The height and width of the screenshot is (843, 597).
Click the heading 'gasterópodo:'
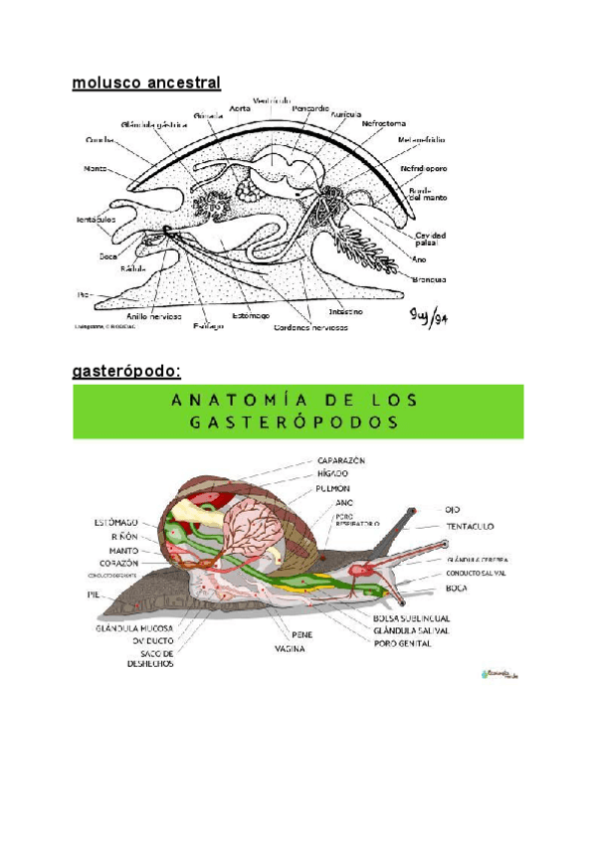coord(126,372)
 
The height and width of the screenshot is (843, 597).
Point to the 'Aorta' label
coord(240,108)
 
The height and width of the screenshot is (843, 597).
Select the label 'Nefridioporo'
coord(424,169)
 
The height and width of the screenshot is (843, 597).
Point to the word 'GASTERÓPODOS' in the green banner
coord(298,421)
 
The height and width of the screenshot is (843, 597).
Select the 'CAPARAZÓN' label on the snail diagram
coord(342,460)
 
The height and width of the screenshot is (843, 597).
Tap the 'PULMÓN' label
coord(332,488)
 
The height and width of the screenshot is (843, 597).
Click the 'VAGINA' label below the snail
coord(290,648)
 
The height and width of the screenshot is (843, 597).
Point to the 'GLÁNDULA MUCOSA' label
coord(134,628)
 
